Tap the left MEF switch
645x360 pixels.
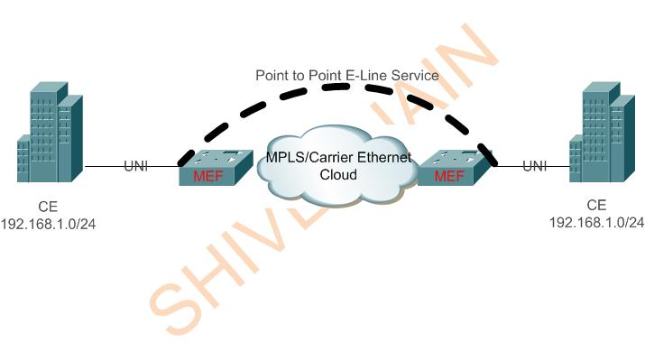coord(214,168)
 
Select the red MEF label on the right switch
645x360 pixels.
coord(449,176)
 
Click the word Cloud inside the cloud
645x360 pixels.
coord(339,173)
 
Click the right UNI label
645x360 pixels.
coord(535,165)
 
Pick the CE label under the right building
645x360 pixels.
coord(596,205)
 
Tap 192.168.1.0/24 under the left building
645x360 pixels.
coord(49,222)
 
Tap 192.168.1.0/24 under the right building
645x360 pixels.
coord(597,221)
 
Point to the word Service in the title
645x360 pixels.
coord(418,75)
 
